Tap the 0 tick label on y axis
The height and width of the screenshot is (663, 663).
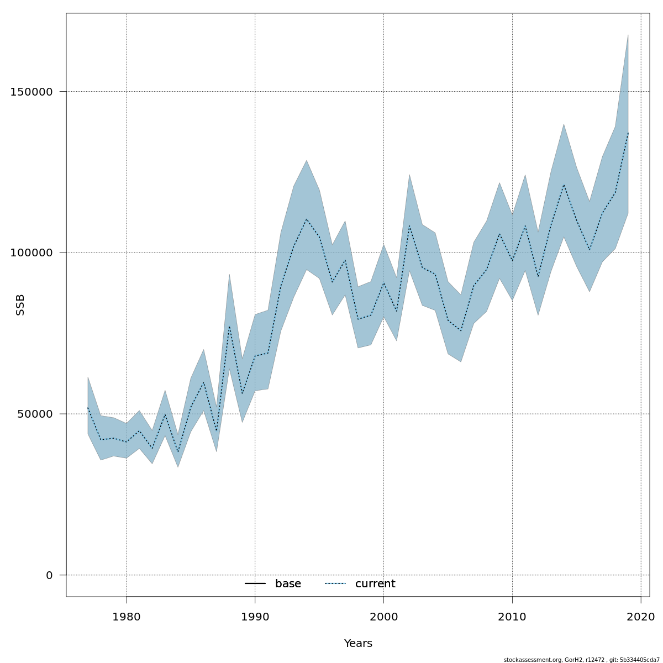[49, 575]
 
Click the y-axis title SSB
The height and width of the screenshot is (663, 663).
[20, 304]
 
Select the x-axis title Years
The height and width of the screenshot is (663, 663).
[358, 644]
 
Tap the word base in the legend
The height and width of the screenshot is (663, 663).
[288, 584]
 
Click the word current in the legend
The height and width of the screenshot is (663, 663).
[375, 584]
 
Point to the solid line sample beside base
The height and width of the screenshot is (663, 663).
[255, 584]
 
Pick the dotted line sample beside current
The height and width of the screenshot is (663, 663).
[335, 584]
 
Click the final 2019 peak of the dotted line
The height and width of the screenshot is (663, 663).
[628, 133]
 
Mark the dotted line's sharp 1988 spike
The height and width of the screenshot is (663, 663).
[229, 325]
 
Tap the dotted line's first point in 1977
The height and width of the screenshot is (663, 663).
[88, 408]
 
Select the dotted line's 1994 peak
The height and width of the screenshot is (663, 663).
[306, 219]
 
